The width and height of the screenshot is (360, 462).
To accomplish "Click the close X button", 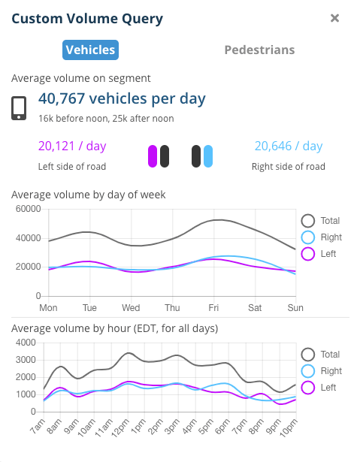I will tap(335, 18).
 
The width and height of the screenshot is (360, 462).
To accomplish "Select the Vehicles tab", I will tap(90, 50).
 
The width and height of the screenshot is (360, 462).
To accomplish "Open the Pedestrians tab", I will tap(259, 50).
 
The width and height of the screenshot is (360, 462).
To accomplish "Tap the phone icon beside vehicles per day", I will tap(20, 107).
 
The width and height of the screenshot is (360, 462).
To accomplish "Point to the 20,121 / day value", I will tap(72, 146).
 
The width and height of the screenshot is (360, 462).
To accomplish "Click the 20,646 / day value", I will tap(288, 146).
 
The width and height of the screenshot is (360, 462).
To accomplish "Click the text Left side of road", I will tap(72, 166).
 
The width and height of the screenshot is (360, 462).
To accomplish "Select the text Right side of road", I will tap(289, 166).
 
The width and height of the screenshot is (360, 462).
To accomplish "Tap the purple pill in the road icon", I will tap(153, 156).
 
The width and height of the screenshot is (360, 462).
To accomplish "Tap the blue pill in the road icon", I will tap(208, 156).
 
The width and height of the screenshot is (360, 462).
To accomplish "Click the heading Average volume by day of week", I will tap(89, 195).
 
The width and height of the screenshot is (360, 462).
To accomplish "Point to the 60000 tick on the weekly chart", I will tap(27, 210).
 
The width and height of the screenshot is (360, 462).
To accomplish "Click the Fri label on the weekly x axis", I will tap(214, 308).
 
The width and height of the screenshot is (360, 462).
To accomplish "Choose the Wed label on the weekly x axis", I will tap(131, 308).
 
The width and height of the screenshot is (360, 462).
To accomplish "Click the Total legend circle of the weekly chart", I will tap(307, 221).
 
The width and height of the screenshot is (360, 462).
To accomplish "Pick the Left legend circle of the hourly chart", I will tap(307, 388).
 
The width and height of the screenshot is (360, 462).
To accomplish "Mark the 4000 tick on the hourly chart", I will tap(25, 343).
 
